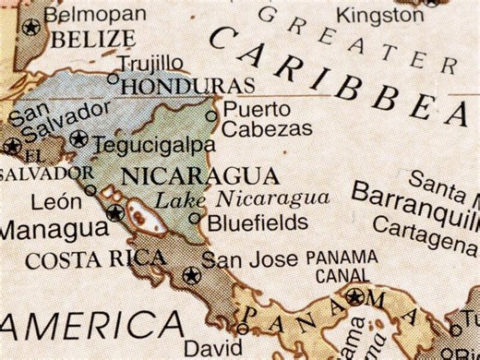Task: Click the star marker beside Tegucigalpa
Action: tap(78, 140)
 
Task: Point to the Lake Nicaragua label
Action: tap(242, 198)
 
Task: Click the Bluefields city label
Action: tap(257, 222)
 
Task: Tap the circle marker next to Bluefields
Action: tap(194, 220)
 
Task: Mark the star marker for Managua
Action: tap(114, 214)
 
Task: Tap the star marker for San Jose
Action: tap(191, 274)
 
